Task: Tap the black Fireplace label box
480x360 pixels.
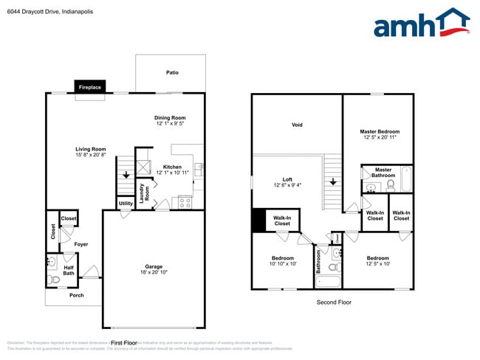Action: click(x=90, y=88)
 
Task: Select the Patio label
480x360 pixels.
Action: click(x=172, y=72)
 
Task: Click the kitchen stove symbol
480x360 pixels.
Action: click(x=185, y=201)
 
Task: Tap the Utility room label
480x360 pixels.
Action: click(x=125, y=203)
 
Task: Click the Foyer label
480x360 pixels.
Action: click(x=80, y=244)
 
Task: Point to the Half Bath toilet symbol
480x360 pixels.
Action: click(x=52, y=280)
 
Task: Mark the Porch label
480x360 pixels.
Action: click(x=76, y=296)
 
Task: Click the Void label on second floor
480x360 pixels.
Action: click(x=297, y=125)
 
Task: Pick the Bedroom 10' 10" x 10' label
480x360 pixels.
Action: click(x=282, y=260)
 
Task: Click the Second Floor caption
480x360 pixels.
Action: click(x=334, y=302)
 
